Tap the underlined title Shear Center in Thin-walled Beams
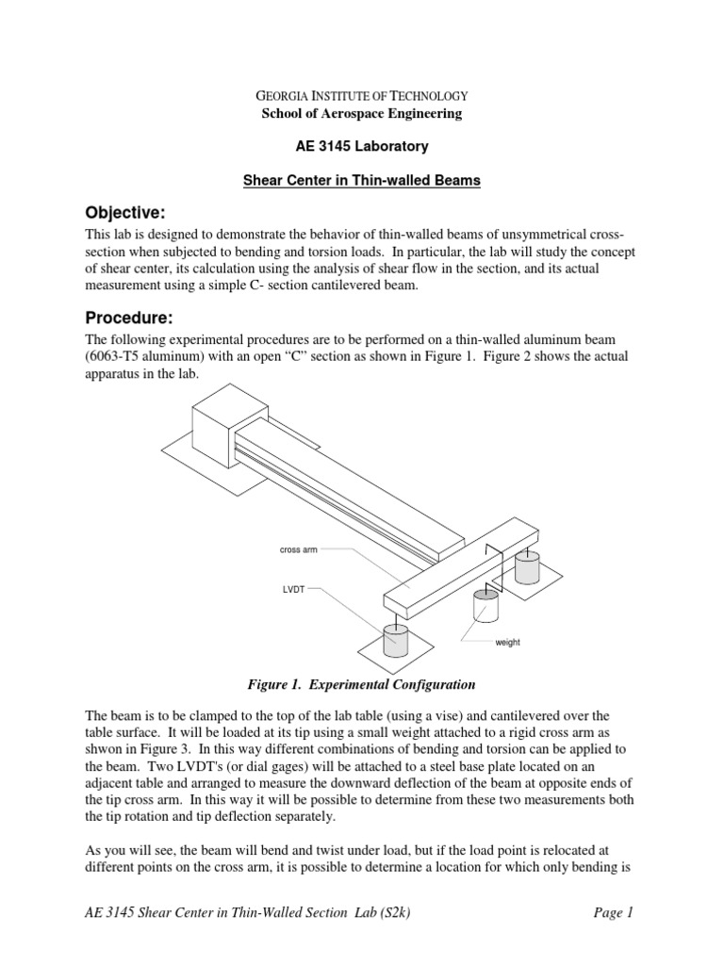[362, 180]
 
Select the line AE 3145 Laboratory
[362, 147]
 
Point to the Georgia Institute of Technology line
[362, 96]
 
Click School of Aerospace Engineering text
[362, 114]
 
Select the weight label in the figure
[507, 643]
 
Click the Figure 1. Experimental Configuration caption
[362, 683]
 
